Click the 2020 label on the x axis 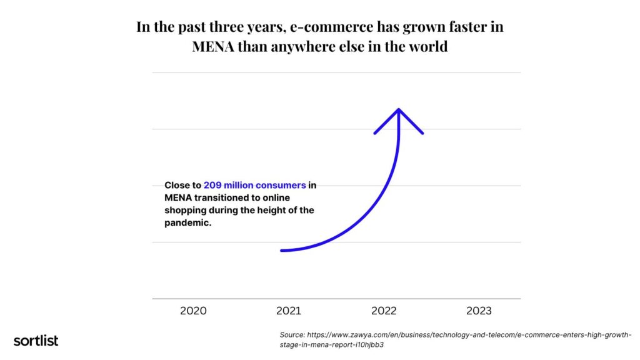[x=193, y=311]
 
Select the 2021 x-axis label [x=288, y=311]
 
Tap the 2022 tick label [x=384, y=311]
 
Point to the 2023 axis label [x=479, y=311]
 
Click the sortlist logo [x=36, y=341]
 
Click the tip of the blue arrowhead [x=399, y=110]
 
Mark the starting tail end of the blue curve [x=282, y=251]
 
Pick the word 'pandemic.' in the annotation [x=187, y=223]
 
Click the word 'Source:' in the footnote [x=292, y=335]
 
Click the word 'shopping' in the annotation [x=187, y=211]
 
